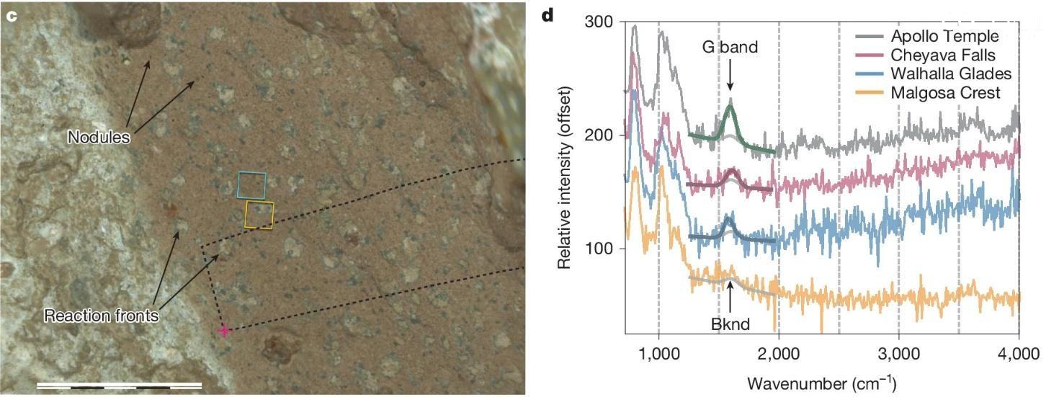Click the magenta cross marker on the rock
[224, 331]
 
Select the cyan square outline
[252, 185]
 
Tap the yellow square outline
[259, 215]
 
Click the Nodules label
[99, 136]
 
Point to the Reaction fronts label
[101, 316]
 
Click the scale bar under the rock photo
[119, 385]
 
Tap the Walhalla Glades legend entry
[951, 73]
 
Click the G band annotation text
[730, 48]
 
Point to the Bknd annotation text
[730, 324]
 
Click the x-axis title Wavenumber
[821, 381]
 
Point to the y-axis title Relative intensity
[565, 177]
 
